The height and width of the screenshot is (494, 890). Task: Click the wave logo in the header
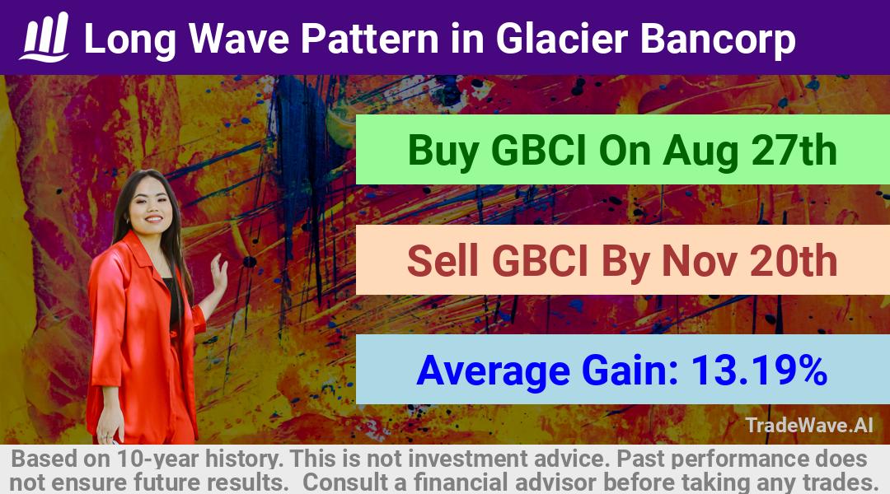click(x=44, y=37)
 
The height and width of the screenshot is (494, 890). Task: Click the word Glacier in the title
click(x=562, y=39)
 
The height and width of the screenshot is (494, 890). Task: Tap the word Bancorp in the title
click(x=718, y=40)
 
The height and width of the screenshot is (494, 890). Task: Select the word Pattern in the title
click(x=369, y=39)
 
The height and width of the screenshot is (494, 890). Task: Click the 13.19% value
click(x=758, y=370)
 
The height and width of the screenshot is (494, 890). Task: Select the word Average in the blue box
click(x=494, y=371)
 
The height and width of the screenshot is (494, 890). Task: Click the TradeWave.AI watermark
click(x=809, y=426)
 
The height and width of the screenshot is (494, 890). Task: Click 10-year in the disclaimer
click(x=159, y=459)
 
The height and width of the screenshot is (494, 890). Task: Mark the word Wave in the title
click(x=238, y=39)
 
